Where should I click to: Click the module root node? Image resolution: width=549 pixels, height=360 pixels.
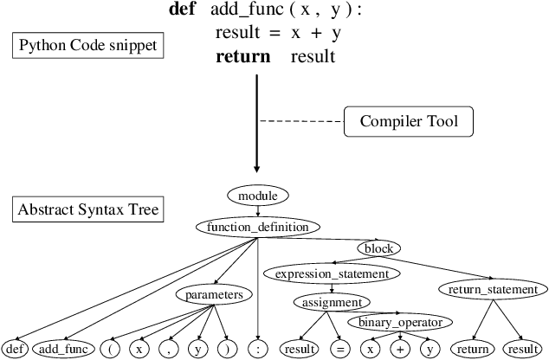[257, 196]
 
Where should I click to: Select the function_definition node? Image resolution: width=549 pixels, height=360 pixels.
[257, 228]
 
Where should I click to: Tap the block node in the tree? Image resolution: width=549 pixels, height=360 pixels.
[378, 249]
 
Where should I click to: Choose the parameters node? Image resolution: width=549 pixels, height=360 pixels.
[213, 294]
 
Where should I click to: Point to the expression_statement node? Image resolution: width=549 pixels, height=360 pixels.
[332, 273]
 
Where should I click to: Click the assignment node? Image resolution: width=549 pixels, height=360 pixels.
[332, 303]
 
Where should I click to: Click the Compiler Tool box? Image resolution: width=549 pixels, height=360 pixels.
[410, 122]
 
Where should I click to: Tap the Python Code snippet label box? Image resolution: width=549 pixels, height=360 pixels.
[89, 45]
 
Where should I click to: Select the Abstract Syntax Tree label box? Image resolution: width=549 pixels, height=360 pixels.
[87, 209]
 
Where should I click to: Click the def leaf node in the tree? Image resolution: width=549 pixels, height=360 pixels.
[13, 350]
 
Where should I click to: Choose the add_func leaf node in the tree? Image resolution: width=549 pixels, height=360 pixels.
[62, 350]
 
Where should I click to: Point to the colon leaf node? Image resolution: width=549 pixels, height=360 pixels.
[259, 350]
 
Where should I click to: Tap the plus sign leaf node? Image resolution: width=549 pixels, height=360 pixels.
[400, 350]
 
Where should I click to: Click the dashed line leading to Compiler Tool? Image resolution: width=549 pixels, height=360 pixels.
[303, 121]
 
